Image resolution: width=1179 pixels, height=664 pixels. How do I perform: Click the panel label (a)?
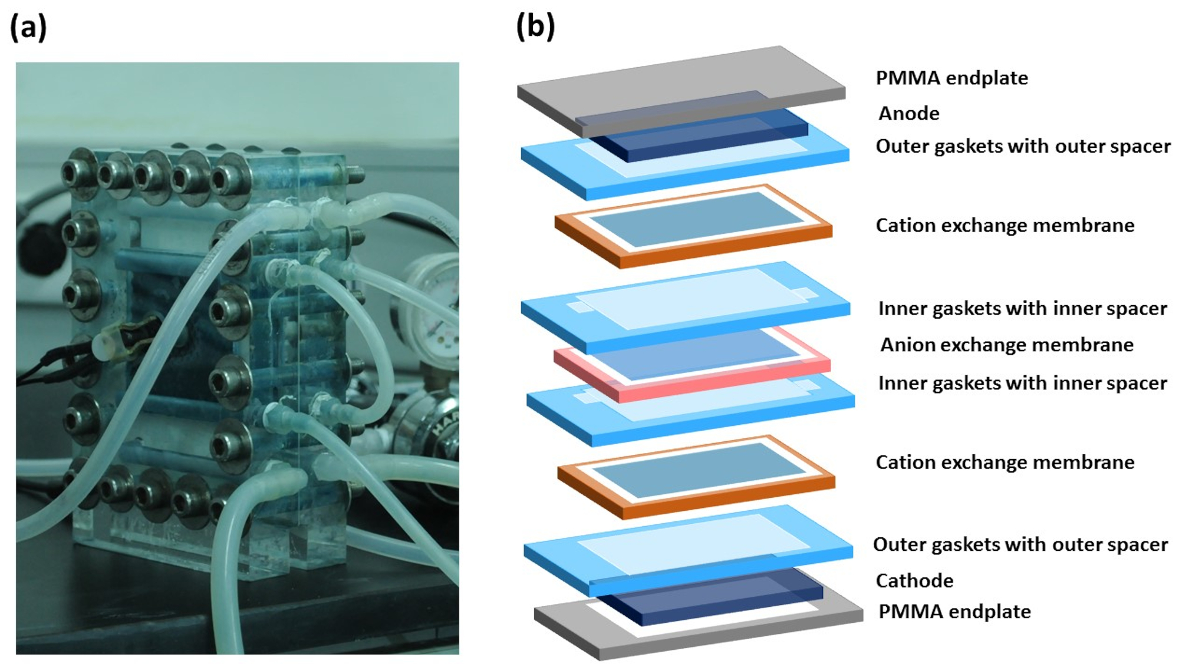(28, 28)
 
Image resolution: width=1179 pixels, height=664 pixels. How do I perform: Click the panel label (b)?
(535, 27)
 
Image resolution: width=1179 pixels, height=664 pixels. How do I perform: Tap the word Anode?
(908, 113)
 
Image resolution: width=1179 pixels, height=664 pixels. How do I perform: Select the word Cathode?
(914, 580)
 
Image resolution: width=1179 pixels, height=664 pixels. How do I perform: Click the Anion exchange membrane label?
(1006, 345)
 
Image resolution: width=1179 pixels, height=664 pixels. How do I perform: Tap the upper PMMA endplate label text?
(951, 78)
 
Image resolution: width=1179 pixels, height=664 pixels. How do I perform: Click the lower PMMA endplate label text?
(954, 612)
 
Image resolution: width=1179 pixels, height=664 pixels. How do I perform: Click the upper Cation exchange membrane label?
(1005, 225)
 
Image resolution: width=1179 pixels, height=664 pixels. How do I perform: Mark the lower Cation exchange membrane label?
(1005, 463)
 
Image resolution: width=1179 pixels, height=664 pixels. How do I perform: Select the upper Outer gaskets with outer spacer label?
(1023, 146)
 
